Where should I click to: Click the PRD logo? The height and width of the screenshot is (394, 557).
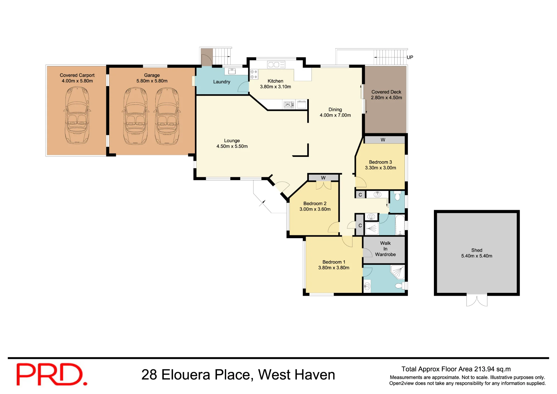pos(52,374)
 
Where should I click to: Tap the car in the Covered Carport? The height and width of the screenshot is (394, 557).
pos(77,115)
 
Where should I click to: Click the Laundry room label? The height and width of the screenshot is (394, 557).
pos(222,82)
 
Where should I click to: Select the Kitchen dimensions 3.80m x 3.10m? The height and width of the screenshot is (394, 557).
pos(275,87)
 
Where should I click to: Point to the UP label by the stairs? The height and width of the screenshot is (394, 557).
pos(410,57)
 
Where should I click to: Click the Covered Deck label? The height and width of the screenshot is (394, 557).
pos(386,92)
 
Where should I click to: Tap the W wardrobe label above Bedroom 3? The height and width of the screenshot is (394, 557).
pos(383,140)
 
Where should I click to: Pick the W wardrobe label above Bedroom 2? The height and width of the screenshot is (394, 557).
pos(323,178)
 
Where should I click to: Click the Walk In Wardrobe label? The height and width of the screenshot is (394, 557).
pos(385,249)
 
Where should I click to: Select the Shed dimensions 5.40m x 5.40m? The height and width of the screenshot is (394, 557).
pos(477,256)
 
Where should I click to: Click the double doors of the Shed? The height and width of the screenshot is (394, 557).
pos(477,301)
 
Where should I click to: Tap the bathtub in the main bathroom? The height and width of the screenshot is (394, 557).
pos(400,225)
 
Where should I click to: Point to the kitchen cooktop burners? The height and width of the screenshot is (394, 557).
pos(254,74)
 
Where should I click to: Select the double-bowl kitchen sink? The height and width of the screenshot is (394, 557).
pos(276,65)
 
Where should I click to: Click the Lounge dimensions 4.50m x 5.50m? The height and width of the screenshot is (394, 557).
pos(232,146)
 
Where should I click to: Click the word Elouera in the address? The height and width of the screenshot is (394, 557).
pos(186,375)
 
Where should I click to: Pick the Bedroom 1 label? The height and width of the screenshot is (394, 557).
pos(334,262)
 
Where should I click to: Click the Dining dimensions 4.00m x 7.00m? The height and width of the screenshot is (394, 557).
pos(335,115)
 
